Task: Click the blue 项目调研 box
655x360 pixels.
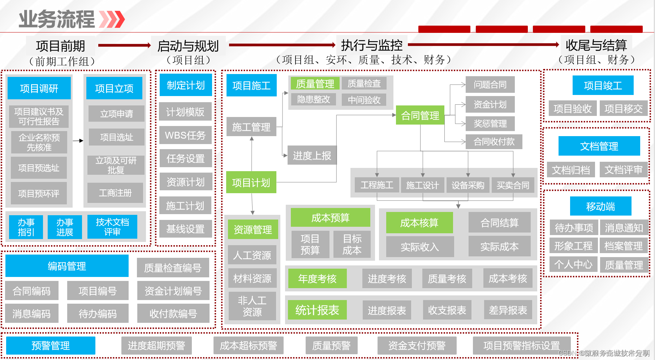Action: point(39,88)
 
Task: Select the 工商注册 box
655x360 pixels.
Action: point(115,193)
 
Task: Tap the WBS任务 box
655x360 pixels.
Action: point(185,135)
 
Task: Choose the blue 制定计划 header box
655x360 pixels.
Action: point(186,85)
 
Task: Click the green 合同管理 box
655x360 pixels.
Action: point(420,116)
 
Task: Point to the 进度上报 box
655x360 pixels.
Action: point(312,156)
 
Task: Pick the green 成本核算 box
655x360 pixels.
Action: point(419,223)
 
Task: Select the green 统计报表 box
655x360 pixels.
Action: point(317,310)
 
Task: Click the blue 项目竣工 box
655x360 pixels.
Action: point(603,86)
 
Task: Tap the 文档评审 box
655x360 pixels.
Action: point(624,170)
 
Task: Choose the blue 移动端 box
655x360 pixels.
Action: point(600,207)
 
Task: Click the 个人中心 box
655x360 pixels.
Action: point(573,265)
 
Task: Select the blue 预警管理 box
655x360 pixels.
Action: point(51,346)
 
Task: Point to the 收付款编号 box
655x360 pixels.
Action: point(173,313)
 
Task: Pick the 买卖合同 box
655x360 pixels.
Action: point(513,185)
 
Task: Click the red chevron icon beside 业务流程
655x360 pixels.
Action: point(112,19)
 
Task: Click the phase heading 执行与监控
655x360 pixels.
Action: point(372,45)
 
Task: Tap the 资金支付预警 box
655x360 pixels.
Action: point(417,346)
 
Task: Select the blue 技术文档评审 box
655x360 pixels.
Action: point(112,227)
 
